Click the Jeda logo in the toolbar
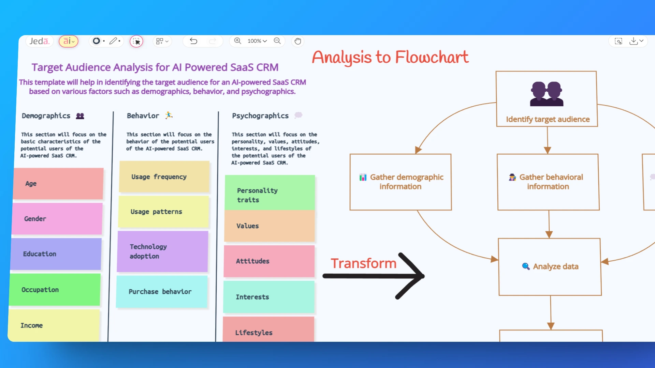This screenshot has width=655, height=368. coord(39,41)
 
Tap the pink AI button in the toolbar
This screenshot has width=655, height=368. coord(69,41)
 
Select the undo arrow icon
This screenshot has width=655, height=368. coord(193,41)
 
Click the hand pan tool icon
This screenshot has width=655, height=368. coord(298,41)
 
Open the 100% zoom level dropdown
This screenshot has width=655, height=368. coord(257,41)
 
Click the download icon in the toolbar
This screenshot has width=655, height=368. coord(634,41)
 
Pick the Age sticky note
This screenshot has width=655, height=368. coord(58,184)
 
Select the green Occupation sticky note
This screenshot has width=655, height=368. coord(55,290)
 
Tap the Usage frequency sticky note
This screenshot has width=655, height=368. coord(164,177)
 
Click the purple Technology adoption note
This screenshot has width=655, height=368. coord(162,251)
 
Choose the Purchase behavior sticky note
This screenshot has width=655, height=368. coord(162,292)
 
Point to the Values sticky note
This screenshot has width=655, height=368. coord(270,226)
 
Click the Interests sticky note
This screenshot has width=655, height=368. coord(269,297)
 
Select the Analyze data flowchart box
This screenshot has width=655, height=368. coord(550,266)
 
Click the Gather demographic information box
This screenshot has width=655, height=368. coord(401,182)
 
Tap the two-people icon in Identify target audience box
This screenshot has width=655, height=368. coord(547,94)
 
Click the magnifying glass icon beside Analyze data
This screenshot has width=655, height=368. coord(526,266)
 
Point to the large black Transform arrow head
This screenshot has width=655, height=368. coord(411,276)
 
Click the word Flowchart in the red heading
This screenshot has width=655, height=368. coord(432,57)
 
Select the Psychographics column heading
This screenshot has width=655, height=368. coord(260,116)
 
